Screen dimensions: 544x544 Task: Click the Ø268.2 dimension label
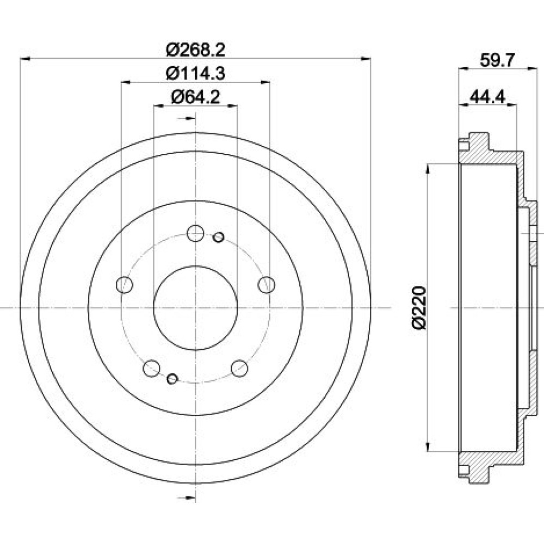coord(195,50)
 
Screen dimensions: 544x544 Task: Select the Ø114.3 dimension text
coord(195,73)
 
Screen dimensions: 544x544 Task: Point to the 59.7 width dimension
coord(497,60)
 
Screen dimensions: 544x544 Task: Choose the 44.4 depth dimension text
coord(487,96)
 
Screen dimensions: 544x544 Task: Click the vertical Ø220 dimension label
coord(418,307)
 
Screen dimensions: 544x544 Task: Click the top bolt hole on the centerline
coord(195,233)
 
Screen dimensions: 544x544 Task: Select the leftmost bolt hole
coord(125,285)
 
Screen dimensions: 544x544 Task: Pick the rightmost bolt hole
coord(267,285)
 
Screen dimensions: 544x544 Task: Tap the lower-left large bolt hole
coord(152,368)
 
